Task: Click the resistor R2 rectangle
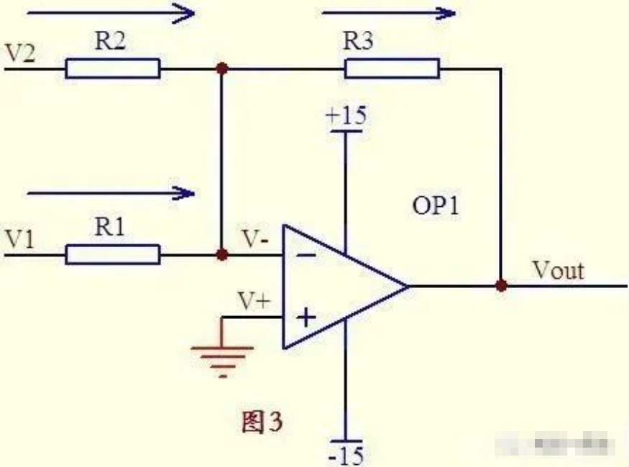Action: point(113,69)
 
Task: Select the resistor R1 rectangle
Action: point(113,254)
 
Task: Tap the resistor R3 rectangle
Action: point(392,69)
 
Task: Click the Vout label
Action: point(558,271)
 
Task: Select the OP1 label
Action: point(435,208)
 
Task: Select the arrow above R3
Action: point(389,13)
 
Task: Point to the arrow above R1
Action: point(111,193)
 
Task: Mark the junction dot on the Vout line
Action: point(501,285)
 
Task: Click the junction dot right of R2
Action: point(222,69)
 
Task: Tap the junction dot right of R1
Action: point(222,254)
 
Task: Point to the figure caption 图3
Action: point(262,422)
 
